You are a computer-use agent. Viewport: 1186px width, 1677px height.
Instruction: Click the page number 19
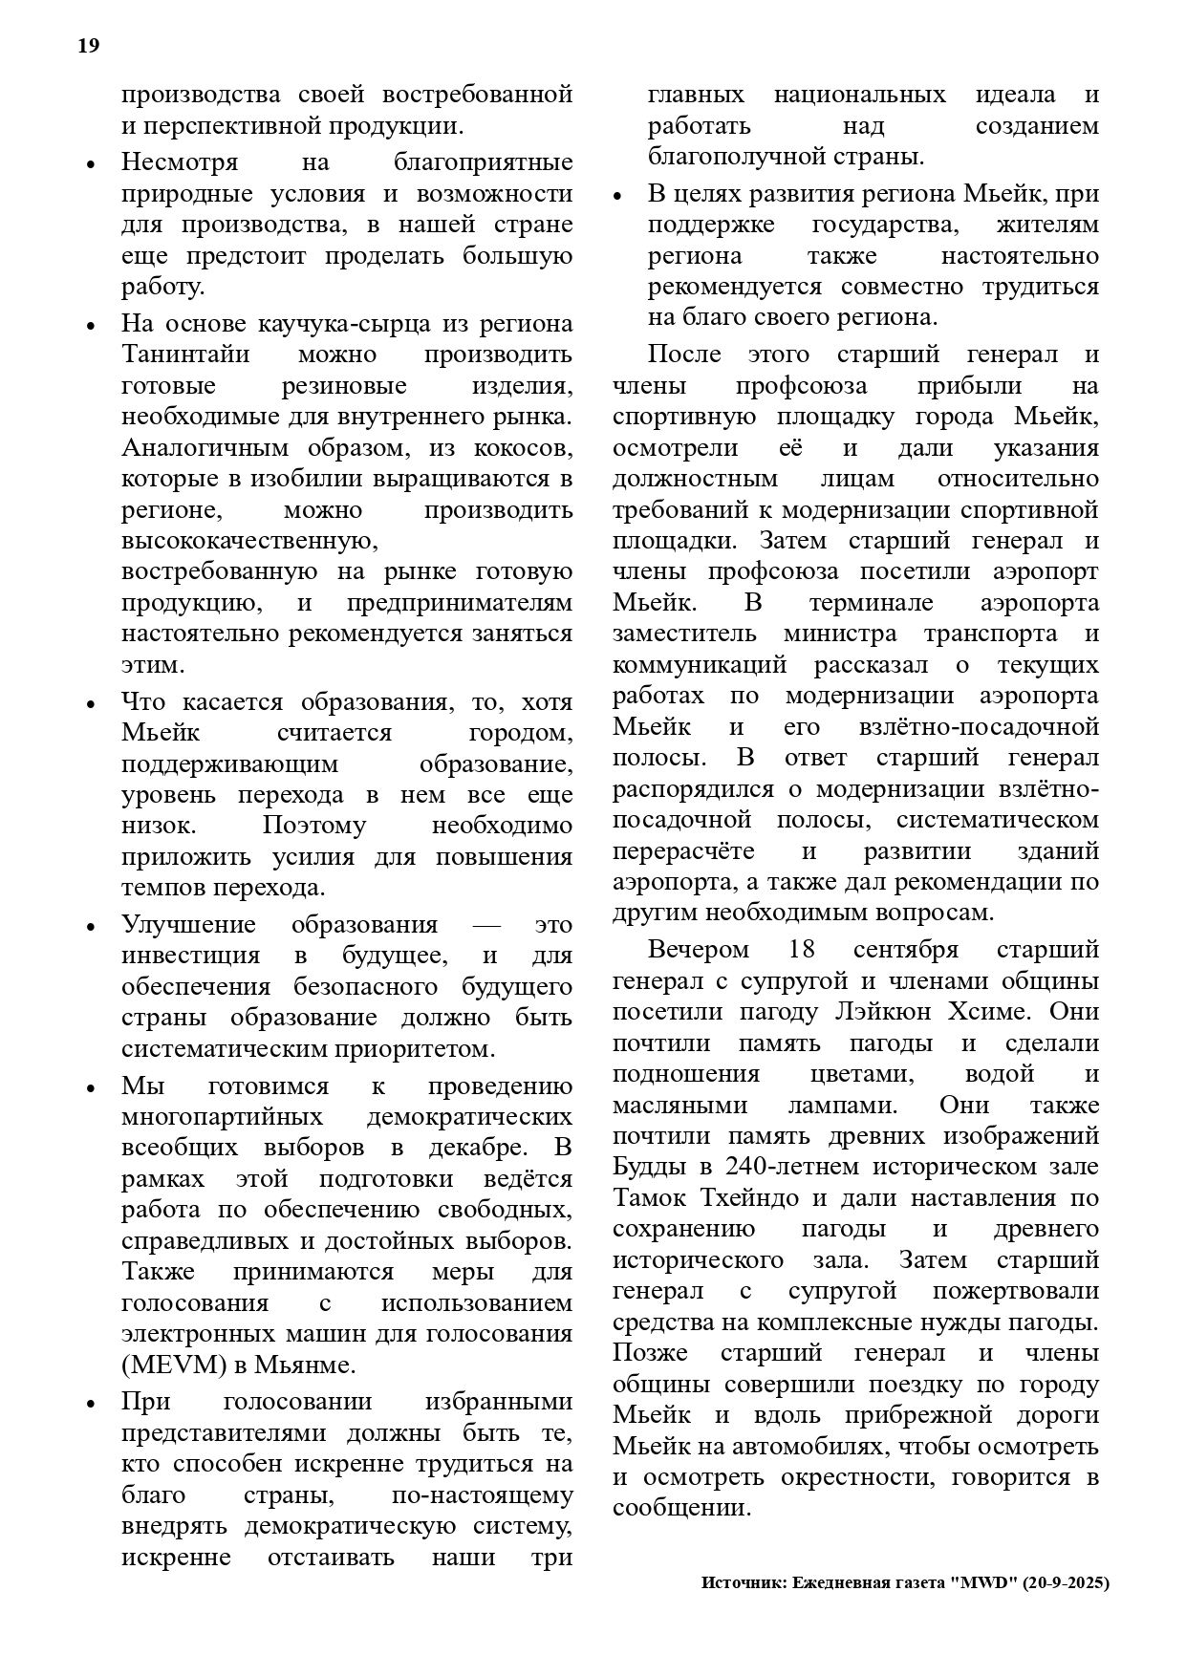[88, 46]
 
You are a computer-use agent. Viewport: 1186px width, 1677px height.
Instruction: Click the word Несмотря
[180, 162]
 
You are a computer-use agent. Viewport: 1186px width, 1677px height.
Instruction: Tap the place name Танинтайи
[185, 355]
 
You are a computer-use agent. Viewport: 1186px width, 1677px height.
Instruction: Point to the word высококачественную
[249, 541]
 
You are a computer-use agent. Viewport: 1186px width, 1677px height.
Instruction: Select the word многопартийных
[222, 1116]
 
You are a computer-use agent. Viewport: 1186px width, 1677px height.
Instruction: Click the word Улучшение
[189, 925]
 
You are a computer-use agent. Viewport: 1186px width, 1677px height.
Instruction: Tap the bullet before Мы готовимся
[91, 1088]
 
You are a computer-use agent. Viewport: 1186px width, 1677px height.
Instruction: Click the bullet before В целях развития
[617, 196]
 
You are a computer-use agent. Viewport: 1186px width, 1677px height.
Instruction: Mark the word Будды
[649, 1167]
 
